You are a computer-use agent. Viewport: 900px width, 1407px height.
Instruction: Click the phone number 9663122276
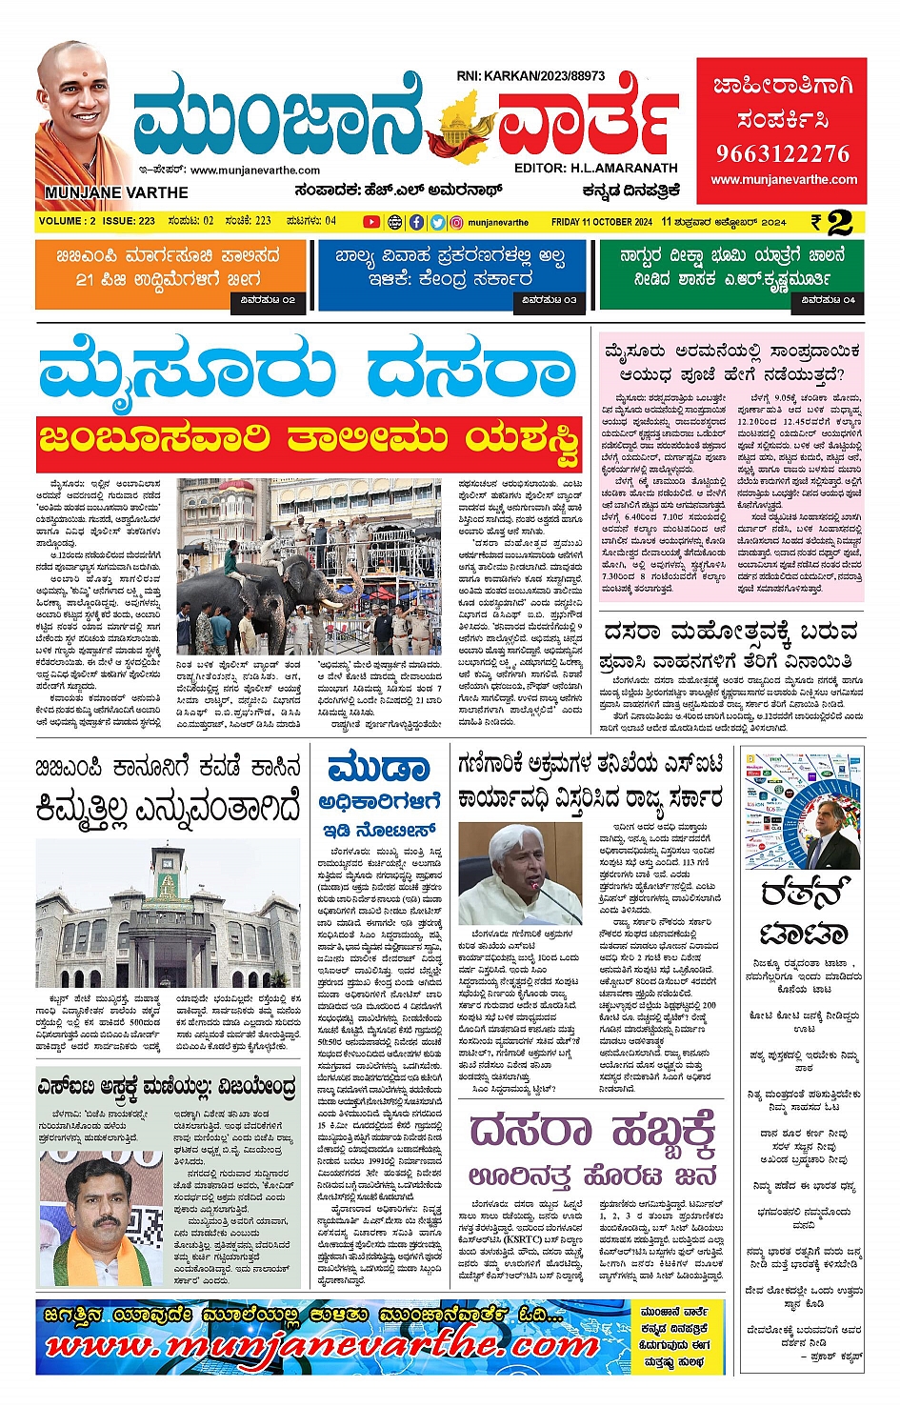782,153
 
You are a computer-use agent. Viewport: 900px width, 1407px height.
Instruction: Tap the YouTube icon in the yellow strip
371,222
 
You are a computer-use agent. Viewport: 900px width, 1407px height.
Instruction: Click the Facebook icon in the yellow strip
416,222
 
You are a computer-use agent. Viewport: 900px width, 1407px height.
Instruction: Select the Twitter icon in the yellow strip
437,222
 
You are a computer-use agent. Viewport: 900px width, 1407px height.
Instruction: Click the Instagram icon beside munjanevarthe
457,222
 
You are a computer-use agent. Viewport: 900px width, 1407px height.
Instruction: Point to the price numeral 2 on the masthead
839,222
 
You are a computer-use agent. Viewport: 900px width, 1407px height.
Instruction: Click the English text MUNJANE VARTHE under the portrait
115,192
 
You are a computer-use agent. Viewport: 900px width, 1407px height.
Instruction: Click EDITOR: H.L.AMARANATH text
595,169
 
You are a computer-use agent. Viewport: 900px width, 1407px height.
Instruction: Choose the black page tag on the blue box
549,300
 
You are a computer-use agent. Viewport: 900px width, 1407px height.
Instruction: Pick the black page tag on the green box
828,300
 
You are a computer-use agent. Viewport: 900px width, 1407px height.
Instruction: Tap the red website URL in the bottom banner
324,1345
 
